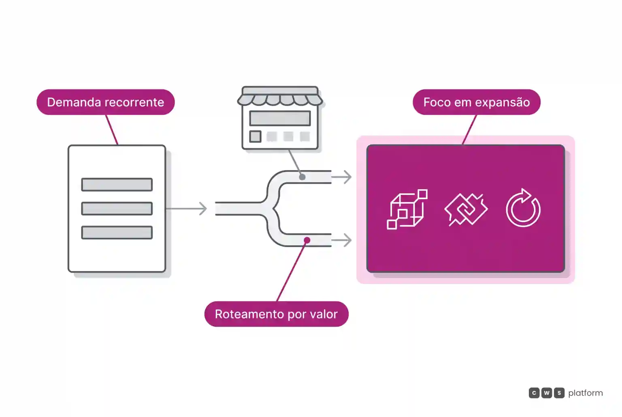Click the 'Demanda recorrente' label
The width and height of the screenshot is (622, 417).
(106, 102)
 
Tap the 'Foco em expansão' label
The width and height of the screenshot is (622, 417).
(477, 102)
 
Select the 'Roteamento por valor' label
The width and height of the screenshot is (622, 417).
(276, 314)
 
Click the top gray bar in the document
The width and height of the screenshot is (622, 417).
(117, 185)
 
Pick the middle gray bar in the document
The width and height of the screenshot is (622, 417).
(117, 208)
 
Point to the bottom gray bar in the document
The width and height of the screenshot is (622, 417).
(117, 232)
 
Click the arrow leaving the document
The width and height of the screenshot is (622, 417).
(186, 208)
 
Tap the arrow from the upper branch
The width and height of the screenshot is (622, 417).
(341, 177)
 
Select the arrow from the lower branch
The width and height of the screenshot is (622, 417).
(341, 240)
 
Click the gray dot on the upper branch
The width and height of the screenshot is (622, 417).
(302, 177)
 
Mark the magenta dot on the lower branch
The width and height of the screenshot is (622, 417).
(307, 240)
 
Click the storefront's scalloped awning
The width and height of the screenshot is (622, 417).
(280, 100)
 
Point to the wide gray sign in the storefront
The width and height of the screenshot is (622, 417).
(280, 118)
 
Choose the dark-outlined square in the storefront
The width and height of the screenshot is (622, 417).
(255, 136)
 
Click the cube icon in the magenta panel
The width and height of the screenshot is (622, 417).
(407, 209)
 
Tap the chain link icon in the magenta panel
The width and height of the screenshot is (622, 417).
(466, 209)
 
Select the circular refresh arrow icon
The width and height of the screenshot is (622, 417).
(523, 208)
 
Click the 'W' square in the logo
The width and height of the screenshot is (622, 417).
(546, 393)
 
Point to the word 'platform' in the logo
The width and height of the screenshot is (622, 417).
(586, 393)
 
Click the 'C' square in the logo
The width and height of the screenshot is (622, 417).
(534, 393)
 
